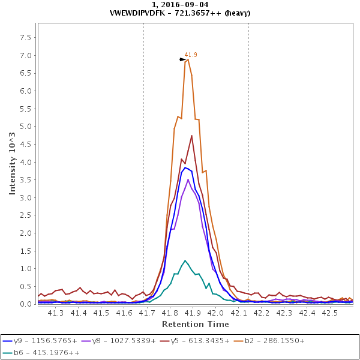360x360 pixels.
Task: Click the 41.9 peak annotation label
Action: (191, 55)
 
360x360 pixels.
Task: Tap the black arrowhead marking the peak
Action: (182, 59)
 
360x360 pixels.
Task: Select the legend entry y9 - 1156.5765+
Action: (40, 340)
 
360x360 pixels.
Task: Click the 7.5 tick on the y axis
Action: (25, 37)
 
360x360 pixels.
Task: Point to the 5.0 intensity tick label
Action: (25, 127)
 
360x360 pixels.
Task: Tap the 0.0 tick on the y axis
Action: (25, 304)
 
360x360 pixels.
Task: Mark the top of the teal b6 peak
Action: (185, 260)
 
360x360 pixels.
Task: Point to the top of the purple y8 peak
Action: (188, 179)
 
